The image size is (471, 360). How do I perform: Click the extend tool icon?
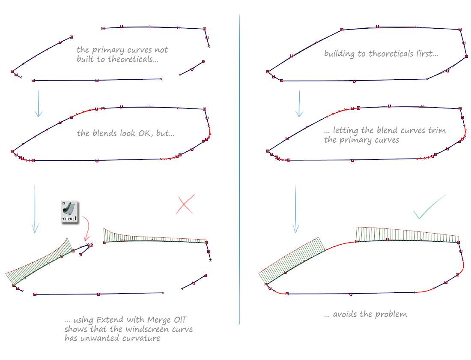coord(69,212)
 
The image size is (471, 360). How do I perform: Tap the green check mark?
coord(429,207)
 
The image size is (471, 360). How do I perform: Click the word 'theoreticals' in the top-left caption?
coord(133,59)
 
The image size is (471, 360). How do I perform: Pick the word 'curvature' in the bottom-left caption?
coord(141,338)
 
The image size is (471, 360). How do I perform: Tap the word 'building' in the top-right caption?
coord(339,54)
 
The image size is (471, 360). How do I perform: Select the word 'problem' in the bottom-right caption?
coord(391,314)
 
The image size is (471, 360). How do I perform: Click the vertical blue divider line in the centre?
coord(239,169)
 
